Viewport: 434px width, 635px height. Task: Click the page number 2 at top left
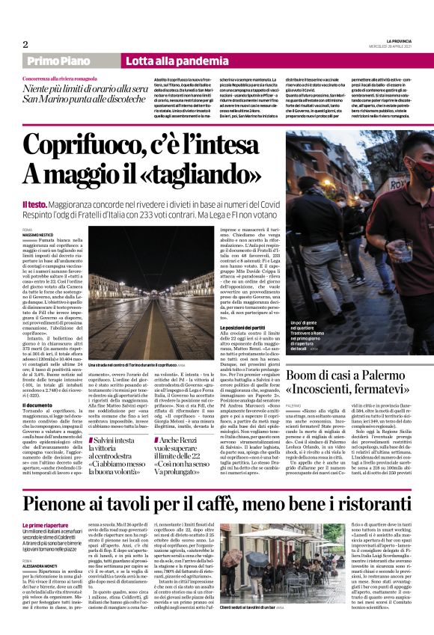[25, 44]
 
